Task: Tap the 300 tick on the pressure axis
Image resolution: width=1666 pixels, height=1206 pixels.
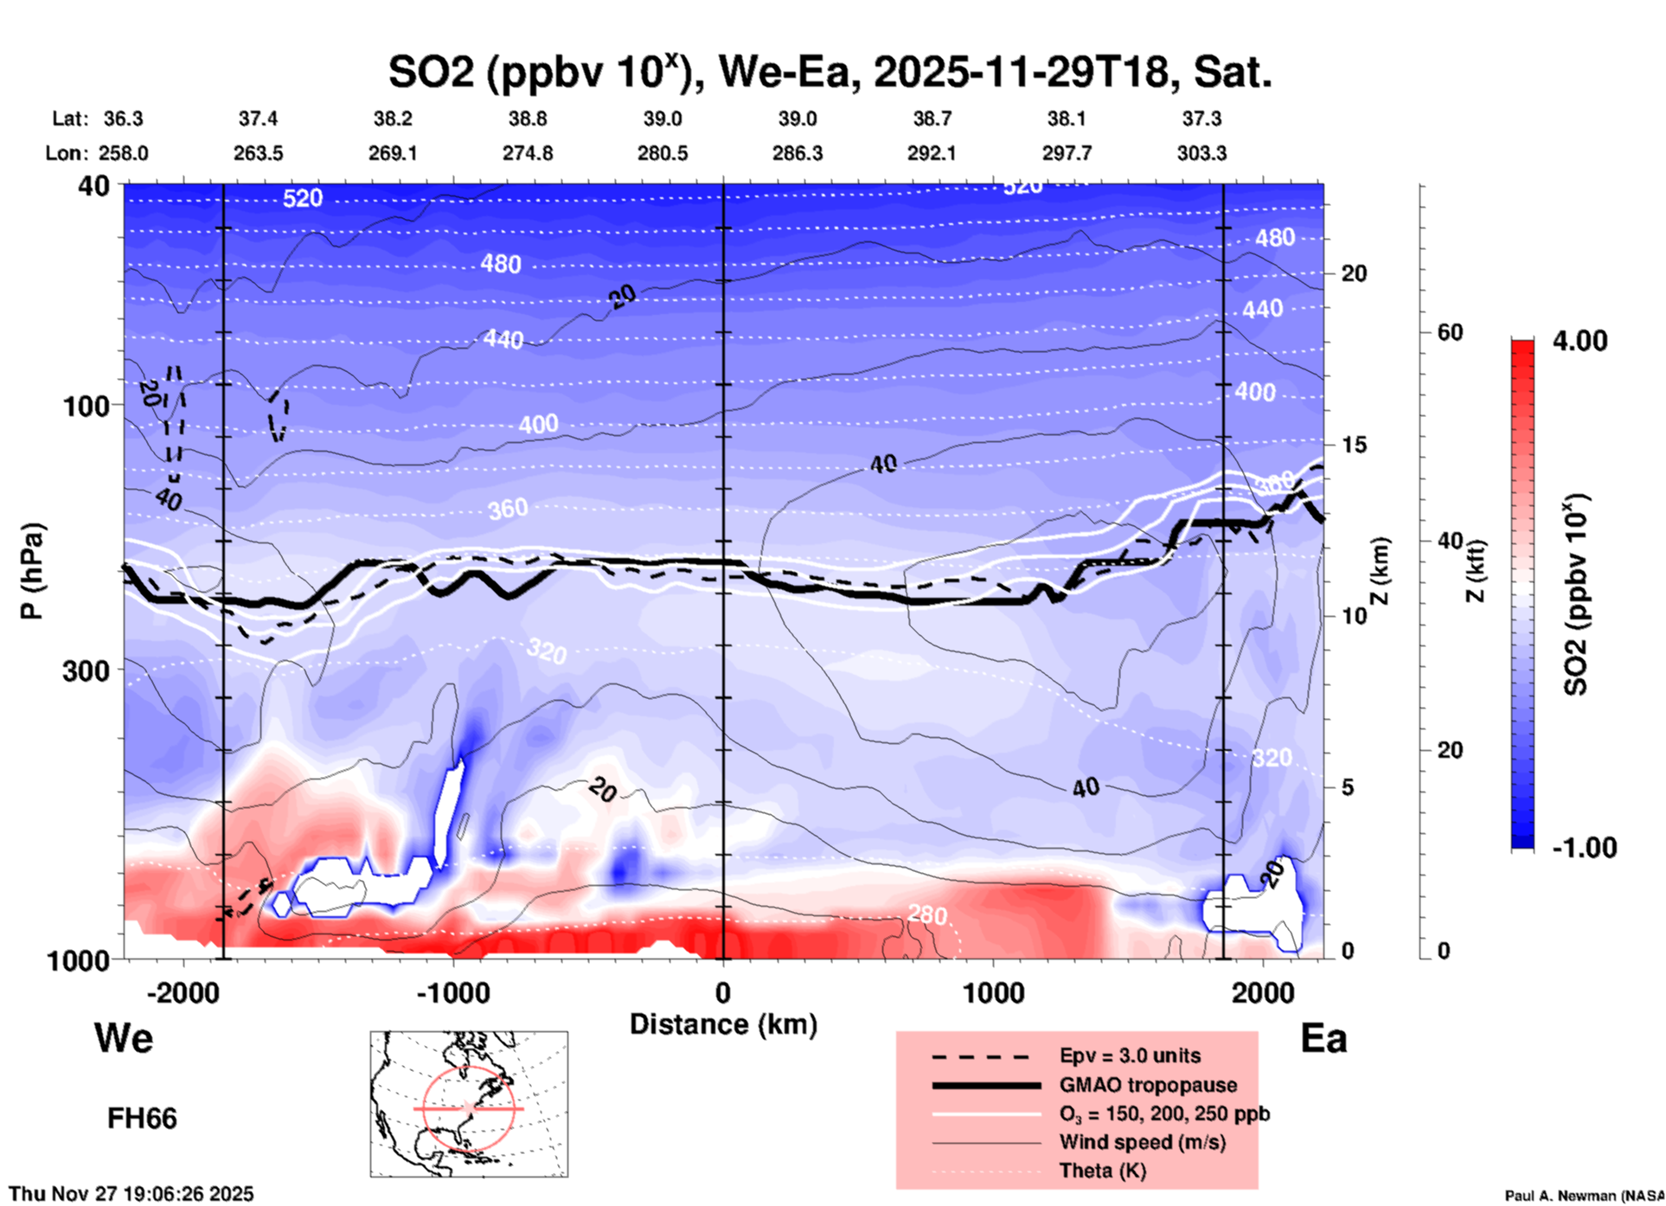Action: [x=87, y=670]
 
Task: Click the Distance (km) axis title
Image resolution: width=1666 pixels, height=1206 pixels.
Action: [x=723, y=1024]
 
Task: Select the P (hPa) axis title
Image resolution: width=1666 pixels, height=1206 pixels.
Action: [x=32, y=571]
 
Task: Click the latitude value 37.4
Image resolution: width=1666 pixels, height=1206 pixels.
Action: [x=258, y=119]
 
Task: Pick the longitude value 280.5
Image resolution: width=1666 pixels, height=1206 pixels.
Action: [x=663, y=153]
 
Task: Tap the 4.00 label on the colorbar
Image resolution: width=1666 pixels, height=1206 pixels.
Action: [x=1579, y=341]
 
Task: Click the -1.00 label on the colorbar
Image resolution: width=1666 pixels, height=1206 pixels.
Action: [x=1584, y=847]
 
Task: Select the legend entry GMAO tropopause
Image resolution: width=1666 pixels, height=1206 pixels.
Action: [x=1148, y=1085]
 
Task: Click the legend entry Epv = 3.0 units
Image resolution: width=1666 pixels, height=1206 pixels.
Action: [x=1130, y=1055]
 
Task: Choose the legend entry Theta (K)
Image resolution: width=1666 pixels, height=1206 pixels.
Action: [x=1102, y=1171]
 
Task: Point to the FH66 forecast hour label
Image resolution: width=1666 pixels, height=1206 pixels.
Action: [x=142, y=1119]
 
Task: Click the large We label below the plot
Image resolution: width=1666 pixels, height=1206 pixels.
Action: [x=124, y=1038]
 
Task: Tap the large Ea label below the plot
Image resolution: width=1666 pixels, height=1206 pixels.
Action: [x=1323, y=1038]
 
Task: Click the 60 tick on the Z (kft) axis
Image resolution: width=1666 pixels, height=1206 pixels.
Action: [x=1450, y=332]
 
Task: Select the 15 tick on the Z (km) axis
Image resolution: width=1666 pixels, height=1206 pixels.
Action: [x=1354, y=445]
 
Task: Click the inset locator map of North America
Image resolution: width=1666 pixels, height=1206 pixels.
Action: [x=469, y=1104]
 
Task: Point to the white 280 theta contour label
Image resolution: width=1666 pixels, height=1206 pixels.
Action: [x=926, y=914]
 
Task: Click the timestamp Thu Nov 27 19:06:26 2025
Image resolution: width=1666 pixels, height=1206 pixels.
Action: [x=131, y=1194]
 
